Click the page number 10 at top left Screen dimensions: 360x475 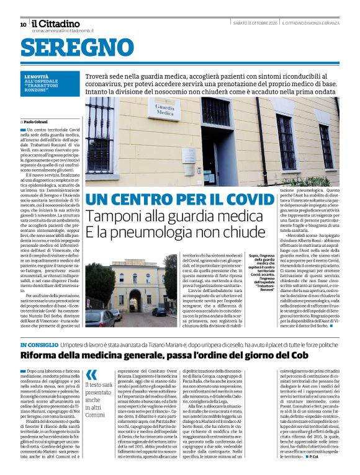tap(23, 25)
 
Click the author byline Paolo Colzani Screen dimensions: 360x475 tap(37, 122)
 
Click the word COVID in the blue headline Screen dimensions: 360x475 tap(245, 200)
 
